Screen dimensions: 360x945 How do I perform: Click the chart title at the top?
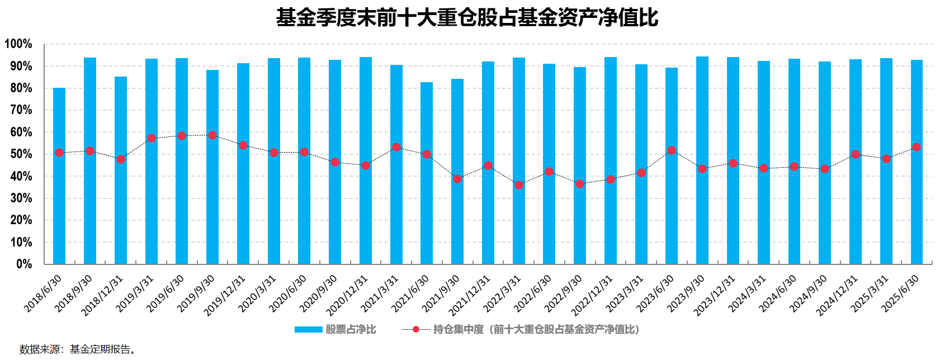[x=467, y=17]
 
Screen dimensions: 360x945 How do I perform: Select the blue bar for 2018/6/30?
[x=59, y=212]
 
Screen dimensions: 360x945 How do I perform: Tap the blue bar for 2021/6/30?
[x=427, y=212]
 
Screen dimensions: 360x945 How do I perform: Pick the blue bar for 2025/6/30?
[x=917, y=212]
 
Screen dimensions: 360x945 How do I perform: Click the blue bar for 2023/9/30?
[x=702, y=212]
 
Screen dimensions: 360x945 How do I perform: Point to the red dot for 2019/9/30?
[x=212, y=135]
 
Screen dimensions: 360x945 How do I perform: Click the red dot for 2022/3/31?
[x=519, y=185]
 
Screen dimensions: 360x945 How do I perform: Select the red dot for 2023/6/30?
[x=672, y=150]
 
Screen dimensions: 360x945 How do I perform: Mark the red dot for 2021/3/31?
[x=396, y=147]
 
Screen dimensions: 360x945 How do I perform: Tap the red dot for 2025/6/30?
[x=916, y=147]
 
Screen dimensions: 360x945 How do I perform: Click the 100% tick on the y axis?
[x=18, y=44]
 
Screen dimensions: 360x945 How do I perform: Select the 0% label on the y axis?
[x=23, y=264]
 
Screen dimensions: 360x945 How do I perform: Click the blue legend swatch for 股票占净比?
[x=308, y=330]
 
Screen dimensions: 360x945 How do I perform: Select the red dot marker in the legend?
[x=416, y=330]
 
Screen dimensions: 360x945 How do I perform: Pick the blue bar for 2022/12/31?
[x=611, y=212]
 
